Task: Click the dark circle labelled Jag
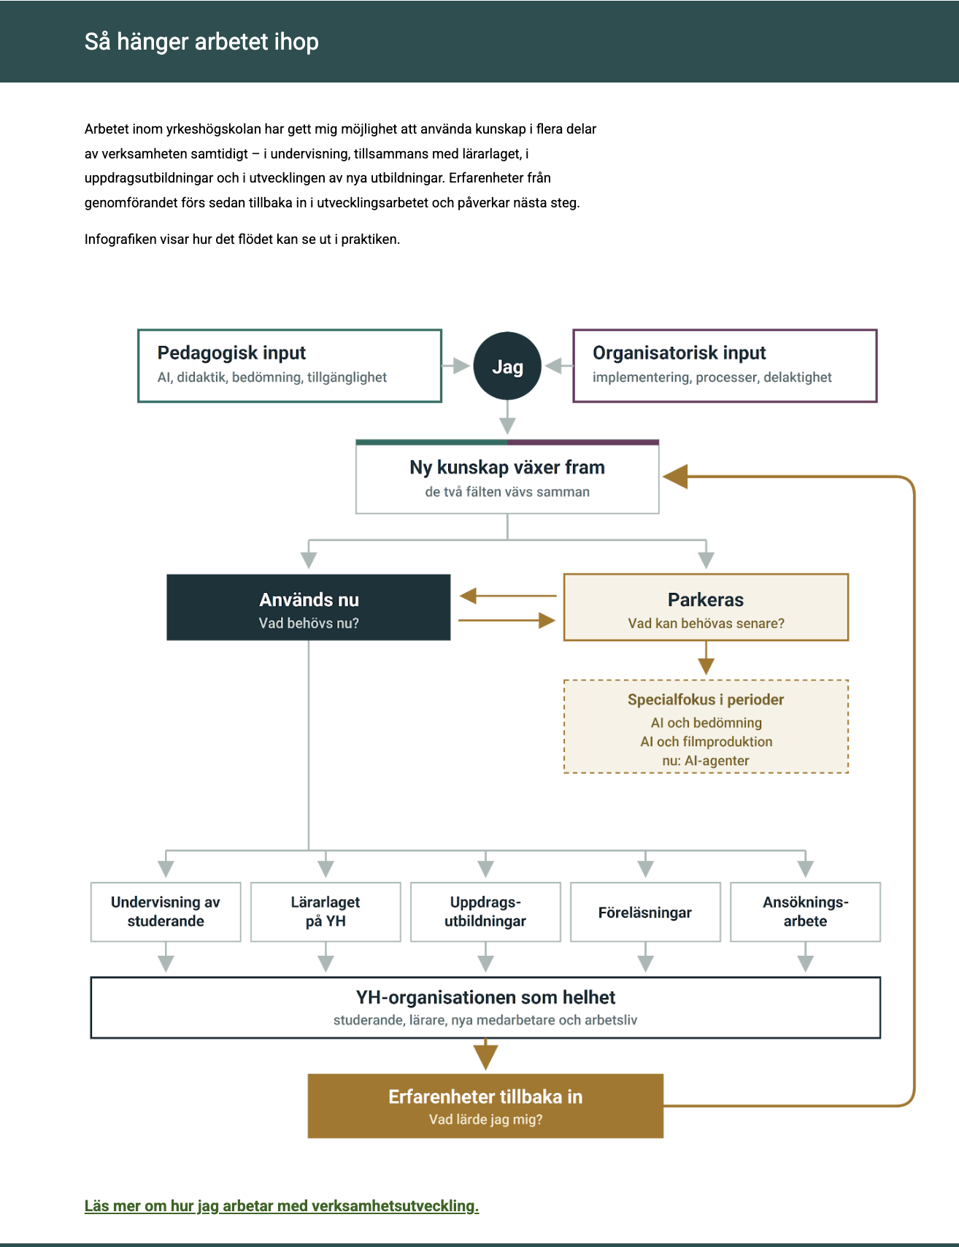point(507,366)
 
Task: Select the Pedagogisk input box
point(290,366)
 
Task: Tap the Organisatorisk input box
point(725,366)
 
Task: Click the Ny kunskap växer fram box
point(507,477)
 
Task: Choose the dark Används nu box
point(309,607)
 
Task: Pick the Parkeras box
point(706,607)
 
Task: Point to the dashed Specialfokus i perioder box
point(706,726)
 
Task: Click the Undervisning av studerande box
point(166,912)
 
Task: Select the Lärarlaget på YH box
point(326,912)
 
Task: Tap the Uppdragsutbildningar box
point(485,912)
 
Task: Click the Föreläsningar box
point(645,912)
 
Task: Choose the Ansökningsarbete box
point(805,912)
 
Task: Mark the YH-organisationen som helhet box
point(485,1008)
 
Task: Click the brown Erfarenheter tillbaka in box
point(485,1106)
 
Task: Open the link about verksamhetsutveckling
point(282,1206)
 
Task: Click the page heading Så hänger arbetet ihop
point(201,42)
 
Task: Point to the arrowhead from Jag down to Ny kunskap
point(507,426)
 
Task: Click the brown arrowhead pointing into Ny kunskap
point(675,477)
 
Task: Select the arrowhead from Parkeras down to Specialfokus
point(706,666)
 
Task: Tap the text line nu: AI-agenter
point(706,761)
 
